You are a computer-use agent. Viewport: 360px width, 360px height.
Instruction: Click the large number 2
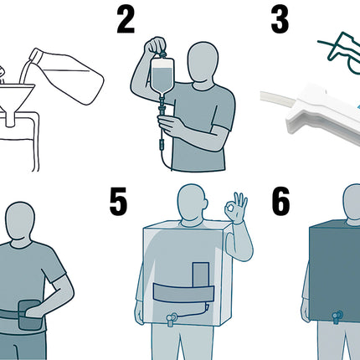pyautogui.click(x=126, y=20)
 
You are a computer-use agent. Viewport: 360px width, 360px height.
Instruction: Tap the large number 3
pyautogui.click(x=280, y=20)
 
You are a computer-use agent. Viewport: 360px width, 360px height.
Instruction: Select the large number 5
pyautogui.click(x=118, y=201)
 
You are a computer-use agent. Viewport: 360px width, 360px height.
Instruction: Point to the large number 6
pyautogui.click(x=280, y=201)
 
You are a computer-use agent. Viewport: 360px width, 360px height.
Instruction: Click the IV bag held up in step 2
pyautogui.click(x=162, y=77)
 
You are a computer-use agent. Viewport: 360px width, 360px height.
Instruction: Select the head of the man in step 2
pyautogui.click(x=203, y=64)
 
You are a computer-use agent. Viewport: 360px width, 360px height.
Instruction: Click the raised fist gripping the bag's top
pyautogui.click(x=155, y=47)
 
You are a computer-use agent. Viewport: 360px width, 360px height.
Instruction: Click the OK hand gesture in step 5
pyautogui.click(x=236, y=208)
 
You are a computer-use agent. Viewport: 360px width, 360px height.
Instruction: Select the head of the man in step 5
pyautogui.click(x=193, y=203)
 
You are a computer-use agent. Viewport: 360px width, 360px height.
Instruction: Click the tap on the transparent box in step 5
pyautogui.click(x=171, y=319)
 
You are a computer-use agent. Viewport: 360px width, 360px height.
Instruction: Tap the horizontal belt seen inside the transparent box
pyautogui.click(x=183, y=293)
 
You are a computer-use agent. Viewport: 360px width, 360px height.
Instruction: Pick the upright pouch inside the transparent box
pyautogui.click(x=201, y=275)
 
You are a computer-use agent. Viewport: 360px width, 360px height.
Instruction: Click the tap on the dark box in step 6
pyautogui.click(x=337, y=317)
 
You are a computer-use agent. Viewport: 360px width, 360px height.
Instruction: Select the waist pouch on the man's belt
pyautogui.click(x=29, y=315)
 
